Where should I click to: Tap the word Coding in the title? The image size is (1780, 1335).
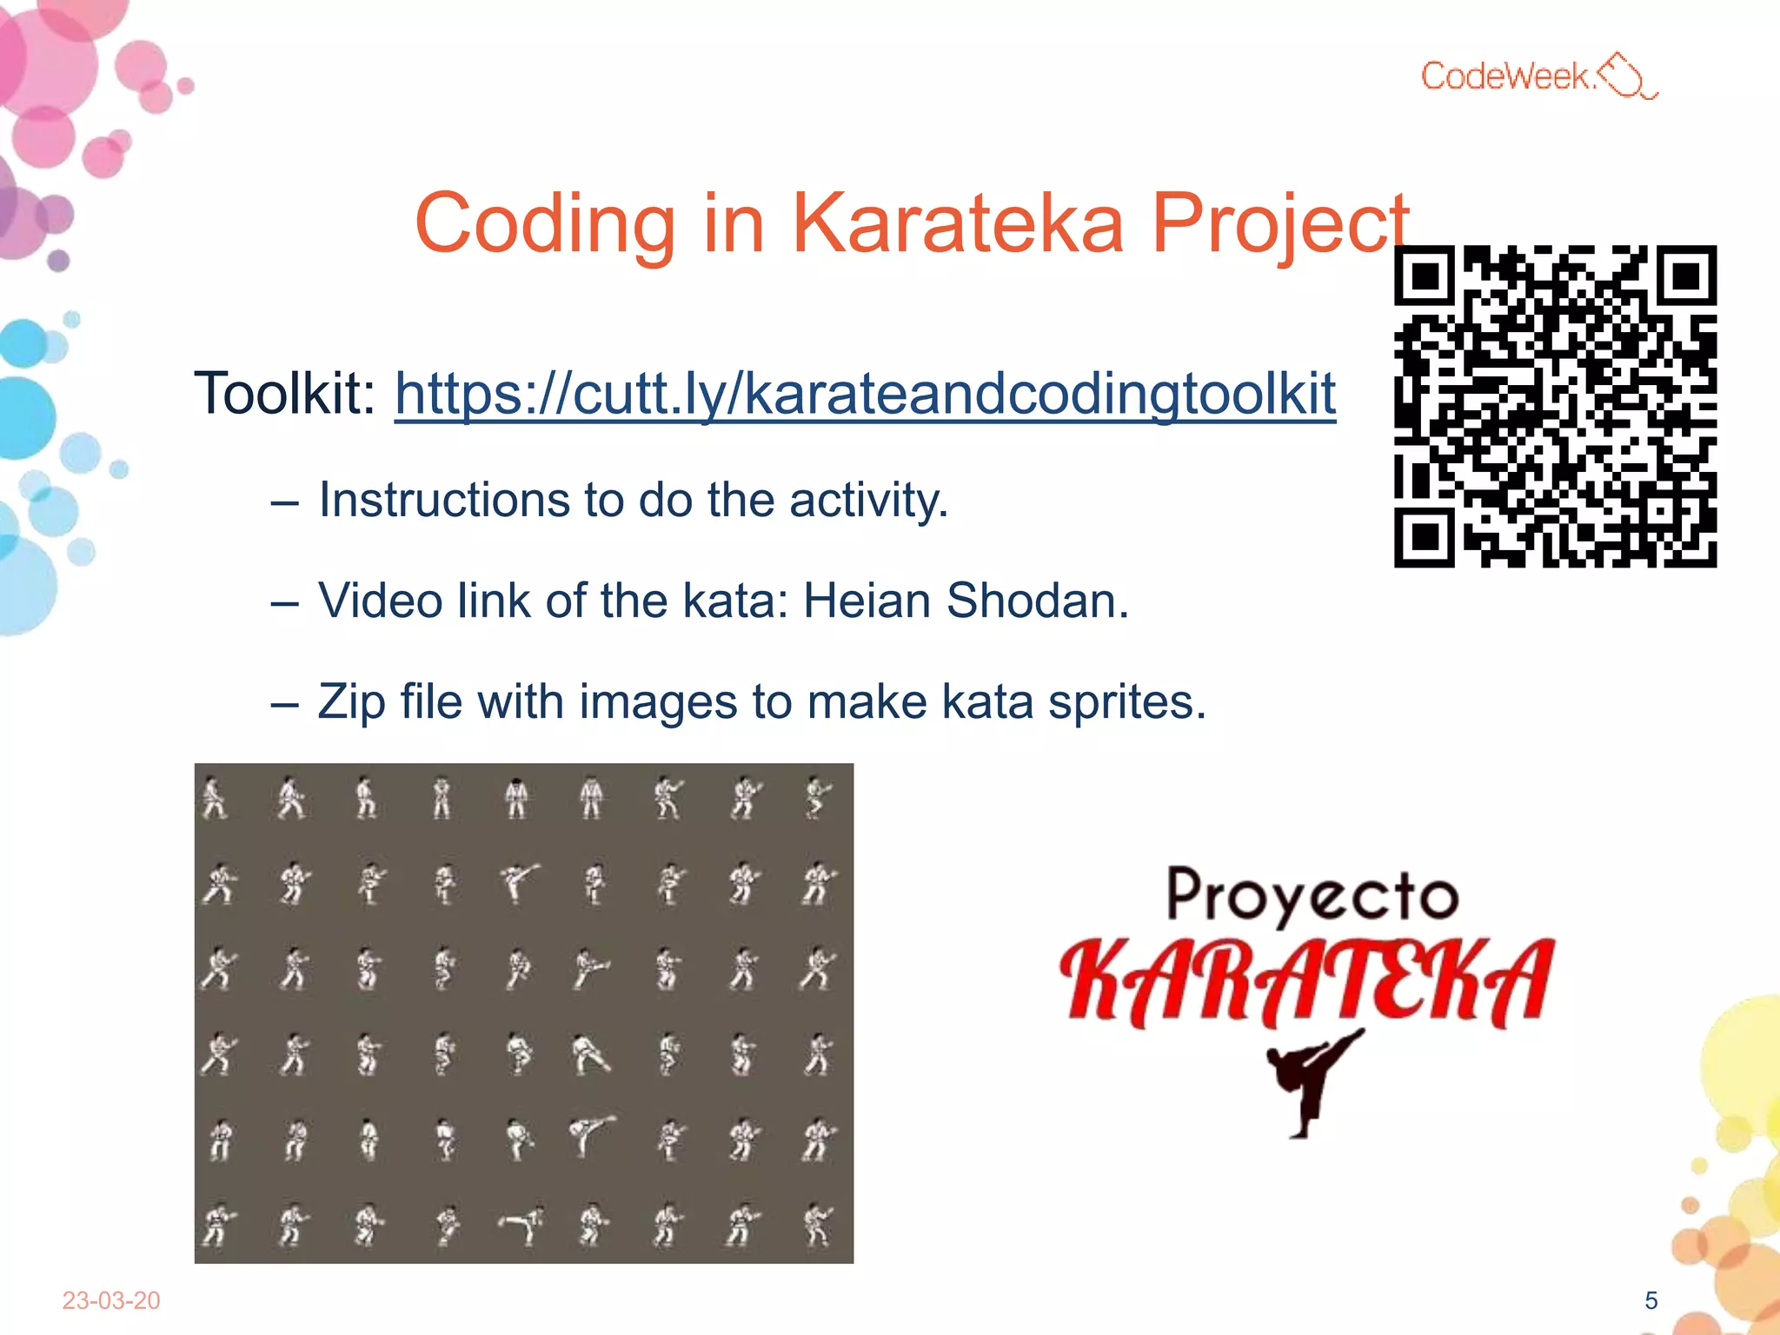point(545,223)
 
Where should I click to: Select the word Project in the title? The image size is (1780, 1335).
point(1279,223)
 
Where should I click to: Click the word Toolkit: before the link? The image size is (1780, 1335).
point(284,394)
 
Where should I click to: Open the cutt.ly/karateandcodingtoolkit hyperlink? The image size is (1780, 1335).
point(865,394)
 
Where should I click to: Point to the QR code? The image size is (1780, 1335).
point(1555,406)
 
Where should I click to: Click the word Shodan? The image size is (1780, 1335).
point(1037,601)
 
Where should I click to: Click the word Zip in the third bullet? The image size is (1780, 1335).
point(351,702)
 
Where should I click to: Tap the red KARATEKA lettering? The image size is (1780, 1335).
point(1306,982)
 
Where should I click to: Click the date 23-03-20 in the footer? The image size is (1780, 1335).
point(111,1300)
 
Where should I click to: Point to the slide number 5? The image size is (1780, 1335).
point(1650,1300)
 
